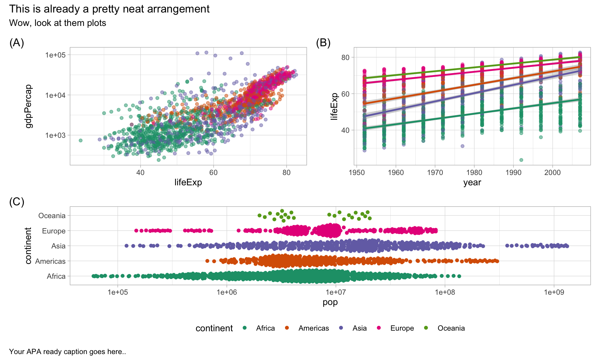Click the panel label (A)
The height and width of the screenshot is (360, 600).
(17, 43)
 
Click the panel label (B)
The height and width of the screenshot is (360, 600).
(323, 43)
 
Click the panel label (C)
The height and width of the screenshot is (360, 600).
(17, 202)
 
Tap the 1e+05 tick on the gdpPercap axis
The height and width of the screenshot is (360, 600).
(55, 55)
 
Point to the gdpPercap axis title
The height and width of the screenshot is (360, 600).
(29, 106)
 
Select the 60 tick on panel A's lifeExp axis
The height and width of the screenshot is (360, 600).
(213, 172)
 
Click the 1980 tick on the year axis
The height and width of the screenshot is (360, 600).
(474, 172)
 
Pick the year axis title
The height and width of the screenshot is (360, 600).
(472, 182)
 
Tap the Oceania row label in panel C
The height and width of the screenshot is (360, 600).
(52, 216)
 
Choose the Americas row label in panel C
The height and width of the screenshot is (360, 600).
(50, 261)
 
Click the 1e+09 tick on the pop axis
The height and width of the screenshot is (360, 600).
(554, 292)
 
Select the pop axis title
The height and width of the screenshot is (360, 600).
(330, 302)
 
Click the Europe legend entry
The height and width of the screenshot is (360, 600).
(402, 328)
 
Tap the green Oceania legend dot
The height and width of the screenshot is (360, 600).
(426, 328)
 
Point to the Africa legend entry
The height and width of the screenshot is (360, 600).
(265, 328)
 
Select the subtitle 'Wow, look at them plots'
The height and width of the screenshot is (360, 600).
(57, 23)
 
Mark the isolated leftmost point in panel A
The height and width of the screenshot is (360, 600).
(80, 140)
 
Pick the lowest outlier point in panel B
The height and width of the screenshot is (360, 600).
(521, 160)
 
